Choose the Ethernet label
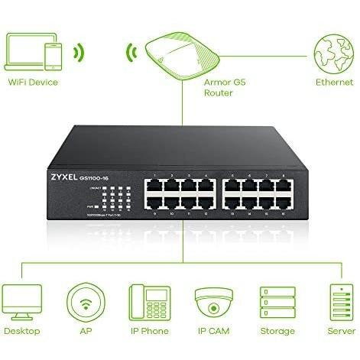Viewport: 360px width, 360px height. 334,82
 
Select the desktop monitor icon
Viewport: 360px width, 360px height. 21,300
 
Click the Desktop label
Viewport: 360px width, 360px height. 21,331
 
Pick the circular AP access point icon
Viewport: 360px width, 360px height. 85,300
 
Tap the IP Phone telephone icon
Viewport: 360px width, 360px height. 148,300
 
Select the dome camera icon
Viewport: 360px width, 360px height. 213,300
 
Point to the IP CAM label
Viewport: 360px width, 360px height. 213,331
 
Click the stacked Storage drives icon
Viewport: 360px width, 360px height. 277,301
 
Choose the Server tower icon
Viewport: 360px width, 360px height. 340,301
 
